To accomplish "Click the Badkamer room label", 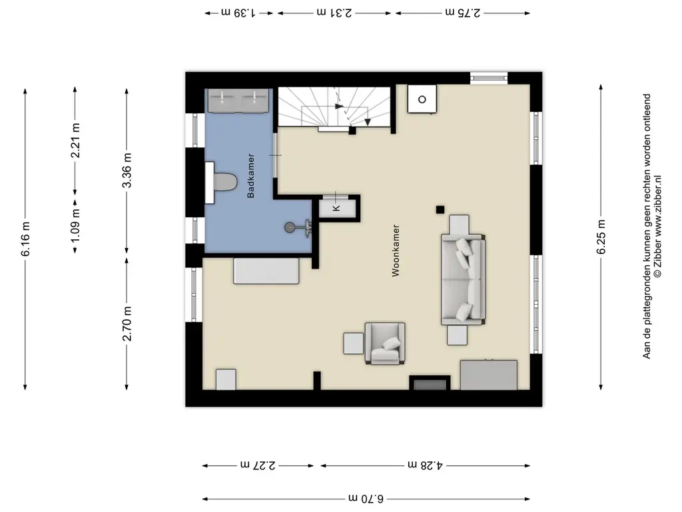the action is point(250,176).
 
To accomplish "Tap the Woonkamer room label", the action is point(396,251).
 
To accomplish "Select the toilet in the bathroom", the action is point(221,183).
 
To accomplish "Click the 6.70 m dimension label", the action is point(366,499).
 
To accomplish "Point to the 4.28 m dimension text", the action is point(425,465).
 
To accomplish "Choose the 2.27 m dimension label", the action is point(258,465).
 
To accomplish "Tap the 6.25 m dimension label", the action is point(601,237).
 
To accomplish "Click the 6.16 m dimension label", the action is point(26,239).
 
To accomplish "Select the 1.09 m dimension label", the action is point(75,226).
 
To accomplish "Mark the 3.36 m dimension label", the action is point(127,171).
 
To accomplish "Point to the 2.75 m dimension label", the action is point(463,13).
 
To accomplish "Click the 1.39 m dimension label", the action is point(238,13).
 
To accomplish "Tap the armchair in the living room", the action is point(385,343).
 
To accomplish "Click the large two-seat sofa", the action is point(464,279).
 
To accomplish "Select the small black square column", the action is point(440,210).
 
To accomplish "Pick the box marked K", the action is point(337,208).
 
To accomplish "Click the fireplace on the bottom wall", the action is point(430,383).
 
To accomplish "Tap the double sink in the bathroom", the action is point(239,100).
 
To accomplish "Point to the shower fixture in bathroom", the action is point(298,227).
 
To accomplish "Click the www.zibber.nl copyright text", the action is point(657,226).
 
